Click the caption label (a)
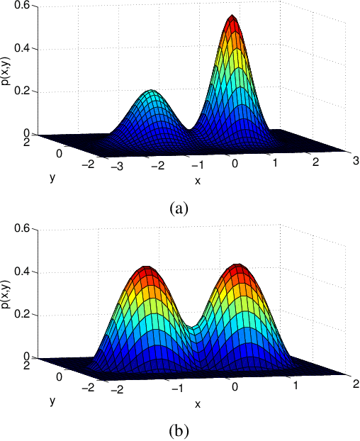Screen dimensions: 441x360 [179, 208]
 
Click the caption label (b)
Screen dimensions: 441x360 [179, 430]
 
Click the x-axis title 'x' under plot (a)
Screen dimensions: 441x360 [198, 181]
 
